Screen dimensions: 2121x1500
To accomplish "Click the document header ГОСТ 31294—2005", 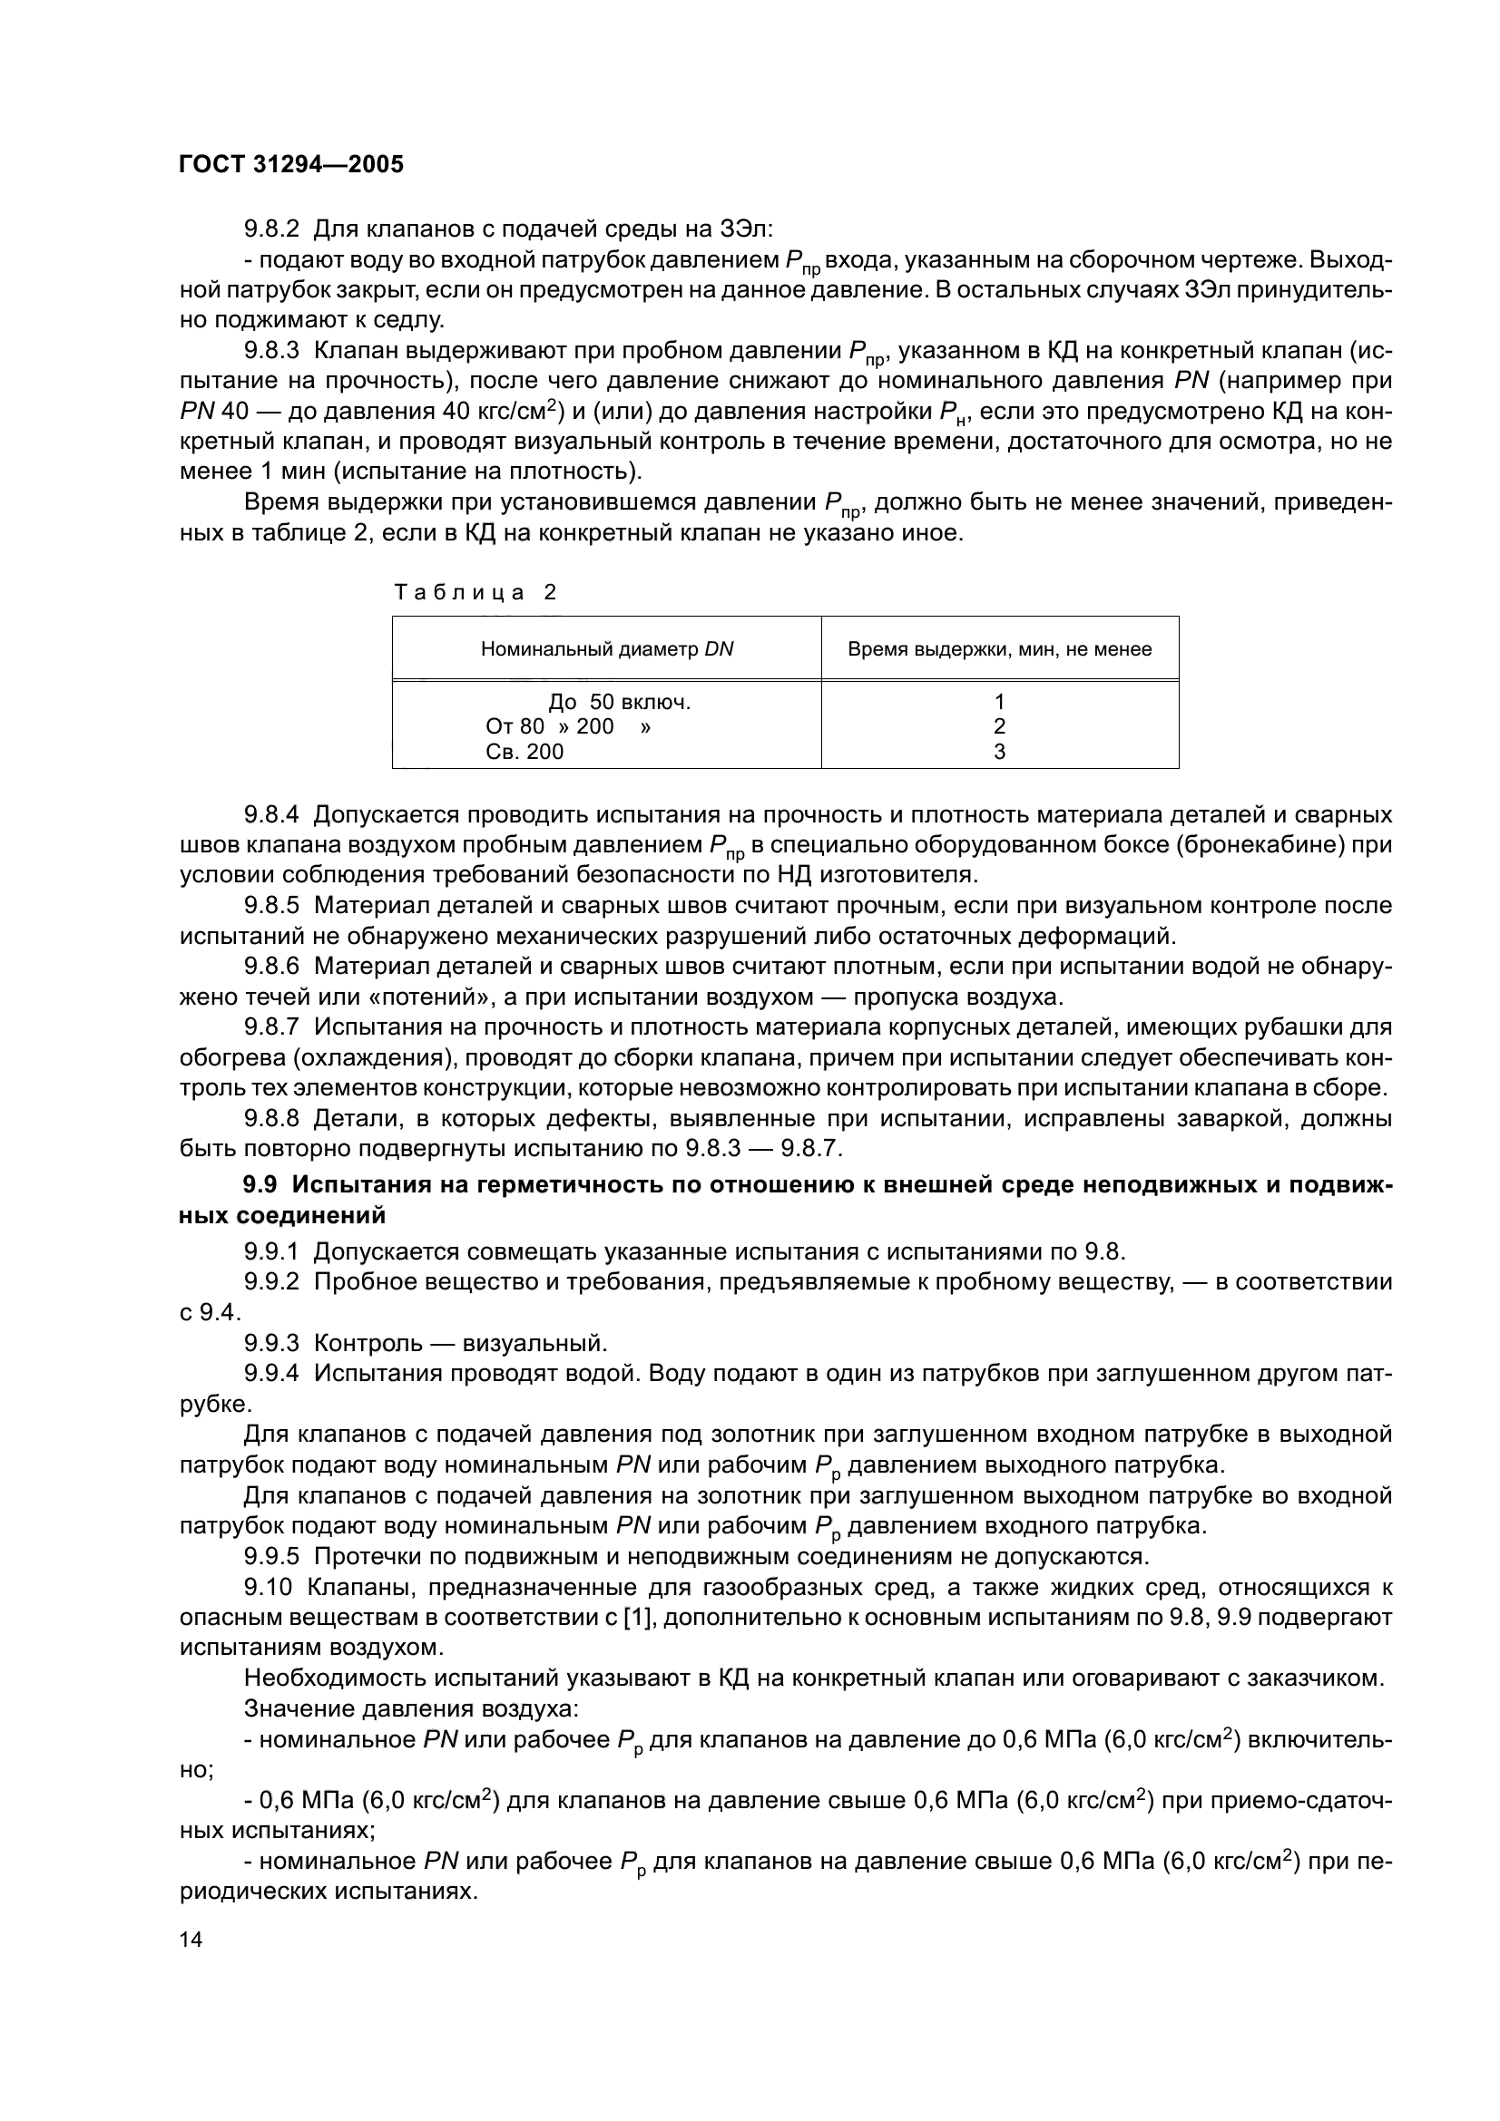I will (x=291, y=164).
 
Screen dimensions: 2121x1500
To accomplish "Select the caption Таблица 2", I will (x=475, y=593).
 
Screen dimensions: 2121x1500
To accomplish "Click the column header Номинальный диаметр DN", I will (x=606, y=649).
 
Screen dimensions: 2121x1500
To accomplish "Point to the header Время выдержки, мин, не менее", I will (x=999, y=649).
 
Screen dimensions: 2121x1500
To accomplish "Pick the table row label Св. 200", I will (x=524, y=752).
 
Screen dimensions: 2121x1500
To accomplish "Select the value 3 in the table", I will (x=999, y=752).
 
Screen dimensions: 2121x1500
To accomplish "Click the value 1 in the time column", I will (x=999, y=703).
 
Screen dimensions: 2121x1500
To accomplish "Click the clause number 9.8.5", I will (x=271, y=906).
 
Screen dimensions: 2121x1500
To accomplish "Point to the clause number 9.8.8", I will (x=271, y=1120).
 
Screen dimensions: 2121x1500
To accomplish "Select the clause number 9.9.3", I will (x=271, y=1343).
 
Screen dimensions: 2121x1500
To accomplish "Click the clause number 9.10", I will (x=267, y=1588).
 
